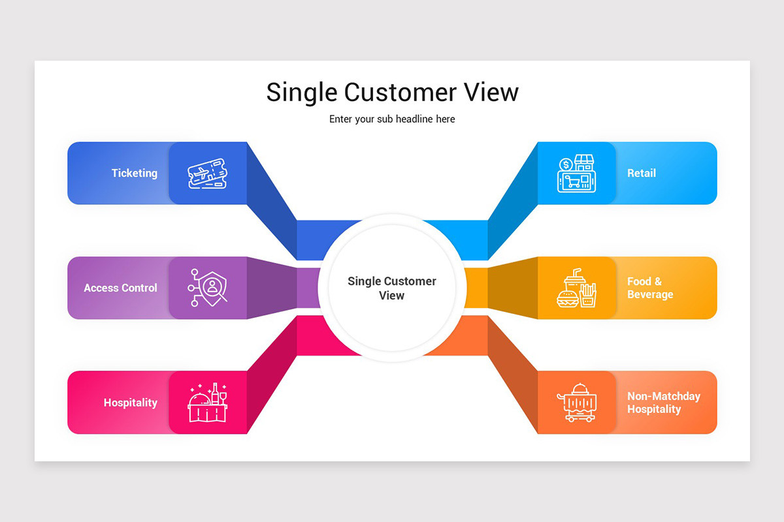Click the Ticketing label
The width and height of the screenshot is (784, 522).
[x=135, y=173]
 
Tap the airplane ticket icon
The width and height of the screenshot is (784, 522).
[x=208, y=174]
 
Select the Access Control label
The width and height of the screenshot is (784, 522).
[x=120, y=288]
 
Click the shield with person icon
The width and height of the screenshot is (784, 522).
[x=208, y=288]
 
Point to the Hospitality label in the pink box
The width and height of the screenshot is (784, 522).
[x=131, y=403]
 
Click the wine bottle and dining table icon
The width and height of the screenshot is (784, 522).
[x=208, y=403]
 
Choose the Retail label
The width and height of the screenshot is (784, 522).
[x=642, y=173]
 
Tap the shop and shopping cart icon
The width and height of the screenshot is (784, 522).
[x=576, y=174]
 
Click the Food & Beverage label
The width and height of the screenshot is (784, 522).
[x=650, y=288]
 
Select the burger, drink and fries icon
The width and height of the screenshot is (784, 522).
[x=576, y=288]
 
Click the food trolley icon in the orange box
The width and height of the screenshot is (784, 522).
[x=576, y=403]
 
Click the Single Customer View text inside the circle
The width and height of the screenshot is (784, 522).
[x=392, y=288]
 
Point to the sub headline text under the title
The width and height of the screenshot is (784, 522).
[x=392, y=119]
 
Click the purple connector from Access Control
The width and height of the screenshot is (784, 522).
[x=271, y=288]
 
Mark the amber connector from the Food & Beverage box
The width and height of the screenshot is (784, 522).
[x=513, y=288]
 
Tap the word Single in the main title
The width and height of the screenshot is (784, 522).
[x=301, y=92]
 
